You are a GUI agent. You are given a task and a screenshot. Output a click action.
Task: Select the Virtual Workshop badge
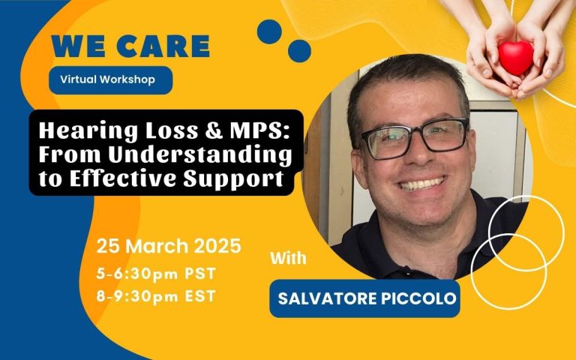[110, 79]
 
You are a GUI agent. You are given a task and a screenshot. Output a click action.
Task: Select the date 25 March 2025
[169, 246]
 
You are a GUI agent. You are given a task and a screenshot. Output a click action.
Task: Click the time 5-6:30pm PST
[156, 274]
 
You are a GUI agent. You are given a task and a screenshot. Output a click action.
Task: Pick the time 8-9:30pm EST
[156, 296]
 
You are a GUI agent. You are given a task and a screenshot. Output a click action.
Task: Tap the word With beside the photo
[288, 258]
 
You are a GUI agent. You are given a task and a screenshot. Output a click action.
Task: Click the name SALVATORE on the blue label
[327, 298]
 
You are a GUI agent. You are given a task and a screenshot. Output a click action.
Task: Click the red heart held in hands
[516, 58]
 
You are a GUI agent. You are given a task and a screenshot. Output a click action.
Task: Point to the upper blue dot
[269, 31]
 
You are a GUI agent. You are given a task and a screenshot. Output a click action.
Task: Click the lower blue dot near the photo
[299, 51]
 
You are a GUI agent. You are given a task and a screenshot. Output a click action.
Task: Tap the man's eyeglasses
[414, 139]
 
